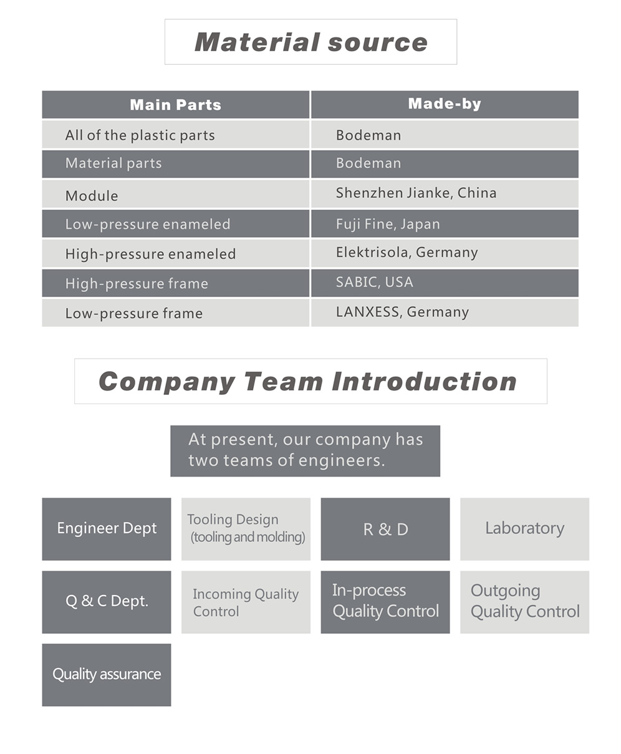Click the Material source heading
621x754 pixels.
(x=311, y=42)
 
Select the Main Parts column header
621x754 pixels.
(x=175, y=105)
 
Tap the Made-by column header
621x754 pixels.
(x=445, y=105)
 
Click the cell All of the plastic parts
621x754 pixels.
(x=175, y=135)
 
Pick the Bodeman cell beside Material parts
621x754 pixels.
(x=445, y=164)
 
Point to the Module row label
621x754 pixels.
(x=175, y=195)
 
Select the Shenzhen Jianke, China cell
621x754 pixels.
(x=445, y=195)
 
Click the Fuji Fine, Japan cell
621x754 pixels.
(x=445, y=224)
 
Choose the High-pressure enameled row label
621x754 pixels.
(x=175, y=253)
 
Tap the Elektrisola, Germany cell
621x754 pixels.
(x=445, y=253)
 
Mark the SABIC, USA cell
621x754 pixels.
(x=445, y=283)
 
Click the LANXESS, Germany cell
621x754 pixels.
(x=445, y=312)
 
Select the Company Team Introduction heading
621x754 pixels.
(x=311, y=381)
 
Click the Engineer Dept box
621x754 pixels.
(x=107, y=529)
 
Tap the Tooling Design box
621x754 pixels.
(x=246, y=529)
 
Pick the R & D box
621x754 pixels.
(x=385, y=529)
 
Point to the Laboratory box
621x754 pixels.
(x=524, y=529)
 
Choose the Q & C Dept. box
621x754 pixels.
(x=107, y=602)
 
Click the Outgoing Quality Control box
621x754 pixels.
(x=524, y=602)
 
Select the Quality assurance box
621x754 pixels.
(x=107, y=675)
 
